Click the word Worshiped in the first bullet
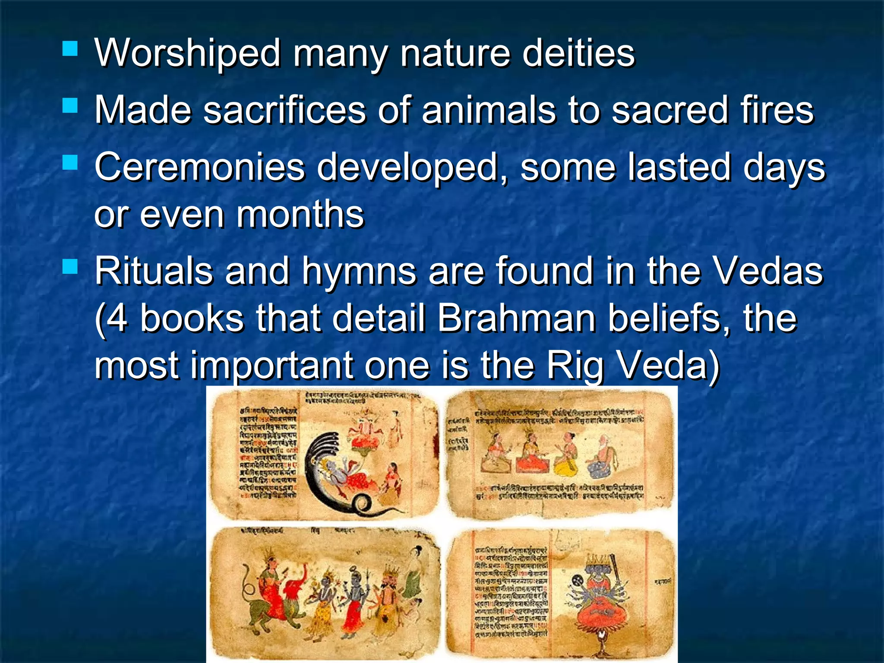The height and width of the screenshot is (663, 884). point(188,54)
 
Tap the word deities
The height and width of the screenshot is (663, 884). point(578,54)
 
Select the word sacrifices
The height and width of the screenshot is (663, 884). point(284,110)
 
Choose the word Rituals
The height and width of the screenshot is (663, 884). point(154,272)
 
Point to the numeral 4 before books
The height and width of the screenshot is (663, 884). point(117,319)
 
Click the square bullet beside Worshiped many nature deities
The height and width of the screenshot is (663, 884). point(70,49)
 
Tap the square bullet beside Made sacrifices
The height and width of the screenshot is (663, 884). point(70,105)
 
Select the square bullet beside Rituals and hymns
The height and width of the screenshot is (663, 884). point(70,267)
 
